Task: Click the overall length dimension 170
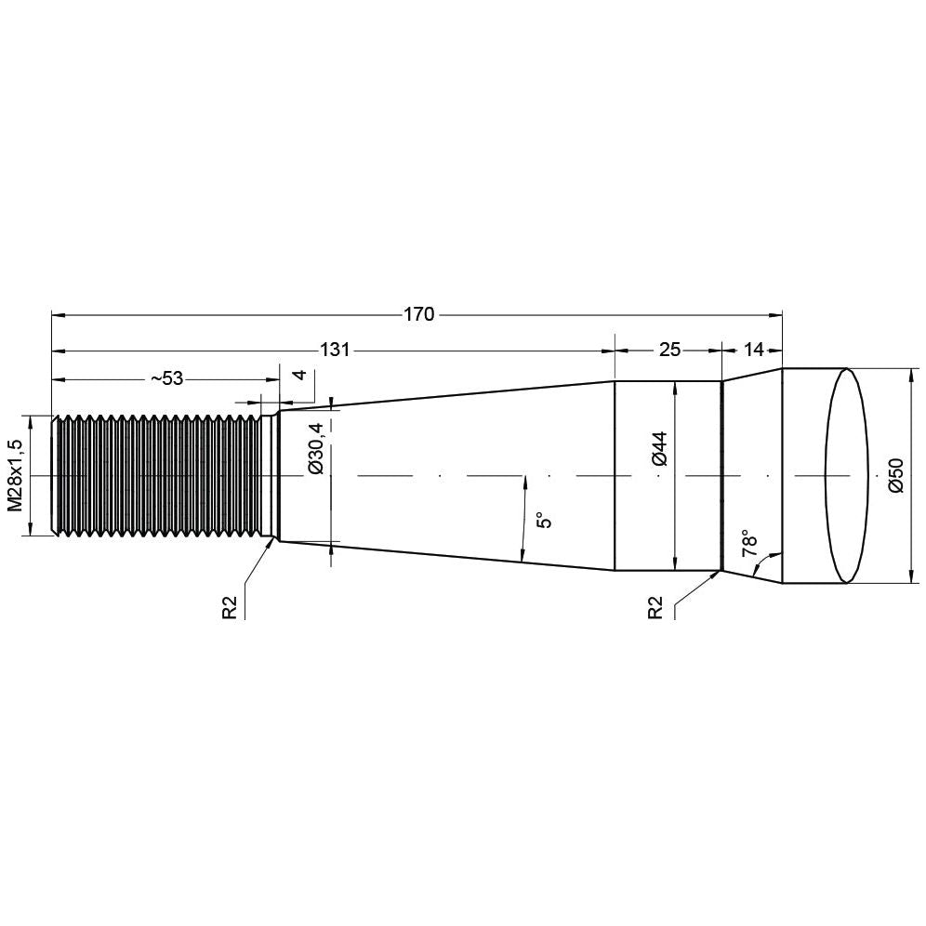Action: point(418,314)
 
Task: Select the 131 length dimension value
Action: point(335,350)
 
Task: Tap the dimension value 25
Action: point(669,350)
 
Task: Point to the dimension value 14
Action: point(753,350)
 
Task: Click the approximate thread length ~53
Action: point(166,377)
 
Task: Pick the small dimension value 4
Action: point(299,376)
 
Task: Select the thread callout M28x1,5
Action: point(14,475)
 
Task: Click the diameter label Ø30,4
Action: point(316,448)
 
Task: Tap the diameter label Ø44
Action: point(658,448)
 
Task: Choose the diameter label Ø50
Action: point(896,474)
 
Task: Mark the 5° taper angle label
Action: point(546,519)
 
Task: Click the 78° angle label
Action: point(750,543)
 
